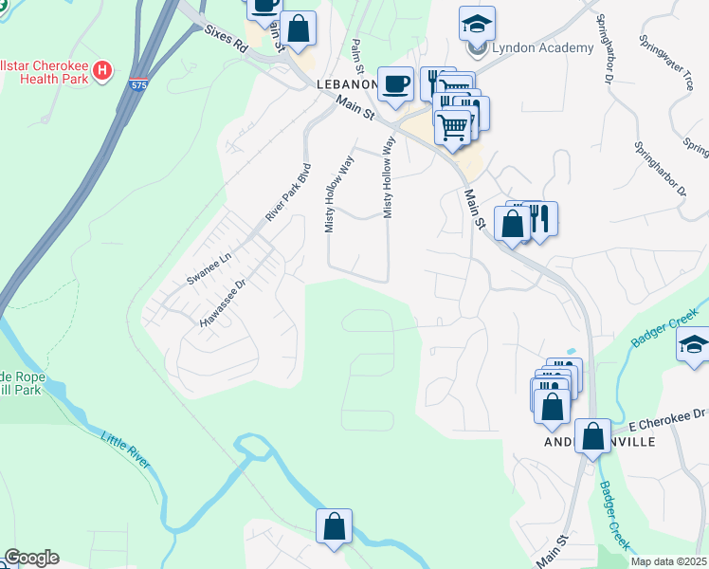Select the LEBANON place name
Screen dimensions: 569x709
click(x=347, y=84)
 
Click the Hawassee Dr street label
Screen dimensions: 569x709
click(x=223, y=303)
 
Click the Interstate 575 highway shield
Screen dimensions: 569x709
click(x=138, y=84)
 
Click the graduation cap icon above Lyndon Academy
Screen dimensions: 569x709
click(x=477, y=23)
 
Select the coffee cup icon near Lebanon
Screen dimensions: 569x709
click(x=395, y=83)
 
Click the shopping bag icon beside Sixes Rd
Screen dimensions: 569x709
click(x=299, y=28)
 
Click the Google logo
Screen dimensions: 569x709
click(x=31, y=558)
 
